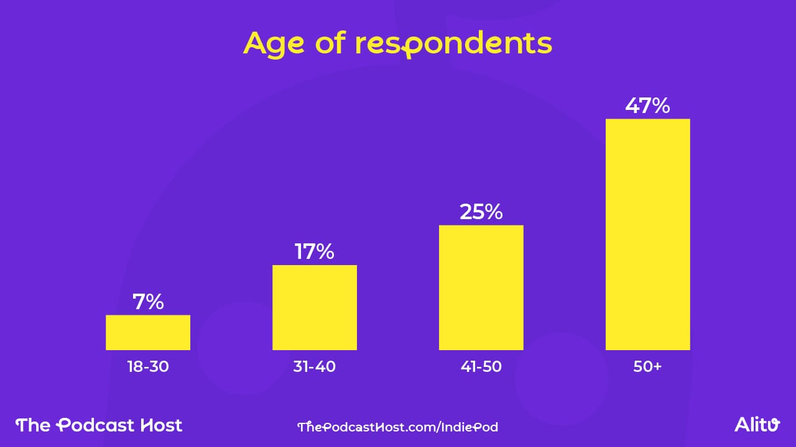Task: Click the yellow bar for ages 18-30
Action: (148, 333)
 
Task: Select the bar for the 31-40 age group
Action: (315, 308)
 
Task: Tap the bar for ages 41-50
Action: (481, 287)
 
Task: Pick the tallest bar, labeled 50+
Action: (648, 235)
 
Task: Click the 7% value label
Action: (148, 302)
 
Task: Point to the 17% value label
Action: (315, 252)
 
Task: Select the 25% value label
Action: (481, 212)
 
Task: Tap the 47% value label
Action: (648, 106)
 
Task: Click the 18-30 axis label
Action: (148, 367)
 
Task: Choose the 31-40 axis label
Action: (315, 367)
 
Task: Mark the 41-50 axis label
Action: (481, 367)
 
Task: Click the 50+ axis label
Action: (647, 367)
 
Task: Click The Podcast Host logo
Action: (99, 425)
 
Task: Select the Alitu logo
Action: (757, 425)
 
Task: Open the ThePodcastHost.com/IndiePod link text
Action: (397, 427)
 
